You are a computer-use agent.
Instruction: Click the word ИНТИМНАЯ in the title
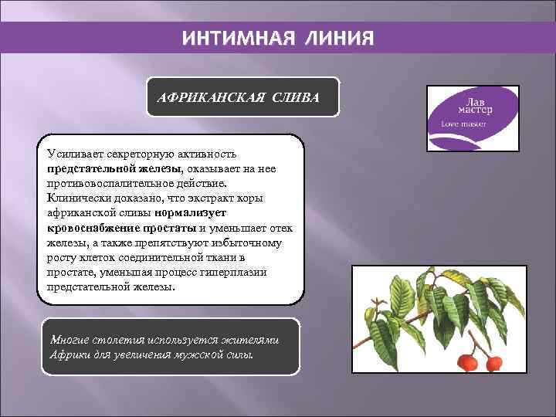tap(232, 38)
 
